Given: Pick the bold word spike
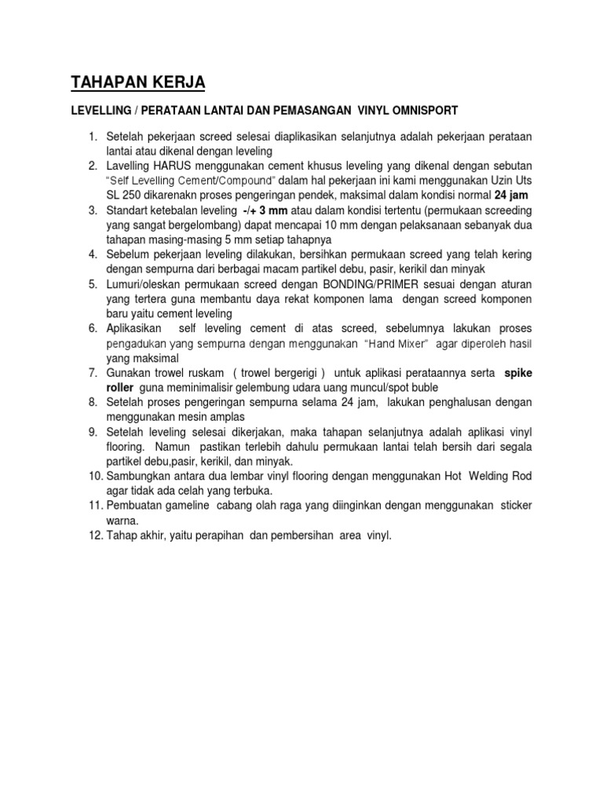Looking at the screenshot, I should [x=517, y=373].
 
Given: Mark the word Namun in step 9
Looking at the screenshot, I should [x=173, y=447].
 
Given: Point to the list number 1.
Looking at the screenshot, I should [x=93, y=137].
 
